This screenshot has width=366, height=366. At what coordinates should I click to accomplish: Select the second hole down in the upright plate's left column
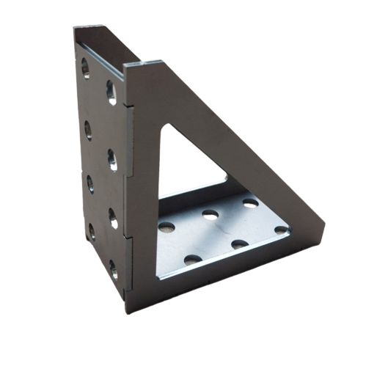pyautogui.click(x=87, y=126)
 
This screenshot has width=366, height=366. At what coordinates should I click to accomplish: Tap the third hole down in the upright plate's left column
pyautogui.click(x=89, y=180)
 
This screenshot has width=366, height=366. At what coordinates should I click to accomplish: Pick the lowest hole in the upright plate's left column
pyautogui.click(x=92, y=232)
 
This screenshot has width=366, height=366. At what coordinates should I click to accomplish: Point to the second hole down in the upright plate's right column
pyautogui.click(x=114, y=157)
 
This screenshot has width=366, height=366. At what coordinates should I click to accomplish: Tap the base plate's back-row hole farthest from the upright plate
pyautogui.click(x=250, y=202)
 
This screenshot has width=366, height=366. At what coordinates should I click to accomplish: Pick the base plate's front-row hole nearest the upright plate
pyautogui.click(x=192, y=258)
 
